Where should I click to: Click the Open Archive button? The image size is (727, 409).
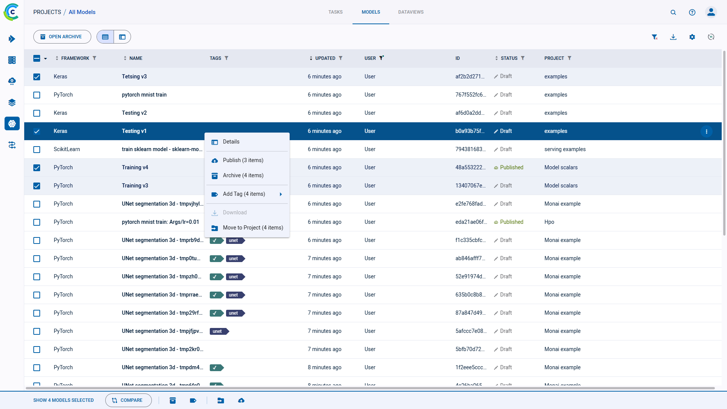tap(62, 37)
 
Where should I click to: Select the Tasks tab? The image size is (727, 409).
tap(335, 12)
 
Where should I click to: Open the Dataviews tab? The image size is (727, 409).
tap(410, 12)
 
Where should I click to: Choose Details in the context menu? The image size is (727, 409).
tap(231, 142)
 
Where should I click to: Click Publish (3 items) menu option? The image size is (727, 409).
tap(243, 160)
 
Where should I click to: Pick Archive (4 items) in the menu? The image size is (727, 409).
tap(243, 175)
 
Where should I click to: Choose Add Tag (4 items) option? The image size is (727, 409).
tap(244, 194)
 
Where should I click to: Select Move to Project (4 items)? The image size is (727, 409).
tap(253, 228)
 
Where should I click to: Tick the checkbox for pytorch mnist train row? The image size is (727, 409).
tap(37, 95)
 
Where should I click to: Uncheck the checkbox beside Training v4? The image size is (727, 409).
tap(37, 168)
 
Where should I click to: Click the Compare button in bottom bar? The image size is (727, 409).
tap(128, 400)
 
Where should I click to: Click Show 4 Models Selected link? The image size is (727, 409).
tap(63, 400)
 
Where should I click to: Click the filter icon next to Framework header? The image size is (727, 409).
tap(95, 58)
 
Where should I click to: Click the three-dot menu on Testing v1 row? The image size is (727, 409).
tap(706, 131)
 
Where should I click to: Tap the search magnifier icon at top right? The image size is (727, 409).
tap(673, 12)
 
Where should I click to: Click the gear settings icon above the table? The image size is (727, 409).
tap(692, 37)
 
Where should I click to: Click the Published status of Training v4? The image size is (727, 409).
tap(511, 167)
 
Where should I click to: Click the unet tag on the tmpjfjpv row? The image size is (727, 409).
tap(218, 331)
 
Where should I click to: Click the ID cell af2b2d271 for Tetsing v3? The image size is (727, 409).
tap(470, 76)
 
